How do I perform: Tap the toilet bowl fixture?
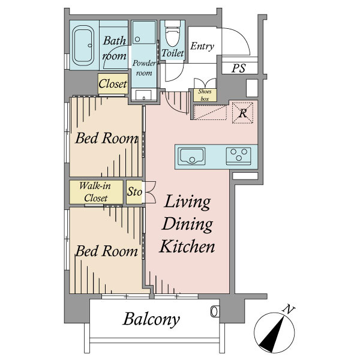172,33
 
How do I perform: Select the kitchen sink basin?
192,156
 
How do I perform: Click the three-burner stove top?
239,155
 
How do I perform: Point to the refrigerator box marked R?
242,113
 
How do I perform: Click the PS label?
239,68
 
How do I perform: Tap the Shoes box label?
205,95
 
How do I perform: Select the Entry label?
202,46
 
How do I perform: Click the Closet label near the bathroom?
113,84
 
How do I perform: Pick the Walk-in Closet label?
95,192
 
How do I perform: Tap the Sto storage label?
135,191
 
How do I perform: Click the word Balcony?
151,319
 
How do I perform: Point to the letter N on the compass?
289,310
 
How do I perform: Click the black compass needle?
273,334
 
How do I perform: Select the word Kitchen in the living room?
187,246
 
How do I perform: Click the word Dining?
187,224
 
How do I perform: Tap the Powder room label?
144,68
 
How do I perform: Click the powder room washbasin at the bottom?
143,95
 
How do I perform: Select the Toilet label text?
173,53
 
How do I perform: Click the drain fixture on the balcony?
214,311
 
